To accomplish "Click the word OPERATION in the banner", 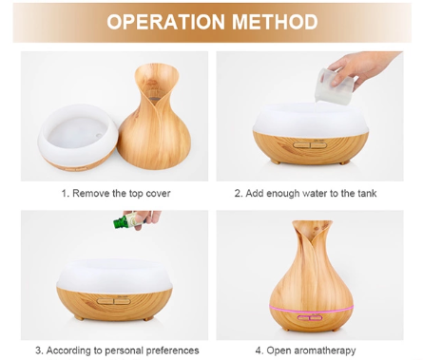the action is tap(165, 22).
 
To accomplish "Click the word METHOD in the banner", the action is tap(275, 22).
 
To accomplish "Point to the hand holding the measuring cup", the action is tap(364, 68).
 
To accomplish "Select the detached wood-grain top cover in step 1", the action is tap(154, 116).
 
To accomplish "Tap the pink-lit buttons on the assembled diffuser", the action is tap(310, 316).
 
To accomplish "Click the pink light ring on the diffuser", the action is tap(311, 309).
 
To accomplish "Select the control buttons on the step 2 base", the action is tap(310, 145).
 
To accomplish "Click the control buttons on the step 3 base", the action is tap(114, 301).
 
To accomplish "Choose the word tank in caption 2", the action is tap(367, 193).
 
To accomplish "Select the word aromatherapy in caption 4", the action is tap(325, 351).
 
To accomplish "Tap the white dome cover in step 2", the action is tap(311, 120).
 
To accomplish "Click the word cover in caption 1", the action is tap(158, 193).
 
